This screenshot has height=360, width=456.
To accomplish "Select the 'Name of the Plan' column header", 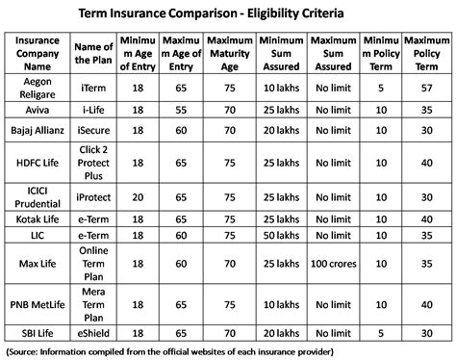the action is (x=93, y=50).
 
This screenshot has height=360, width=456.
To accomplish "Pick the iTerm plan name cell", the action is (x=93, y=89).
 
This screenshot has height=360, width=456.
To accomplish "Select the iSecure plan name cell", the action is (x=93, y=128).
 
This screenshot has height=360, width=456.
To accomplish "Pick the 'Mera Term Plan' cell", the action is (x=93, y=303).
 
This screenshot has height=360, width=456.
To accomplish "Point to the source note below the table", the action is (x=228, y=349).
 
